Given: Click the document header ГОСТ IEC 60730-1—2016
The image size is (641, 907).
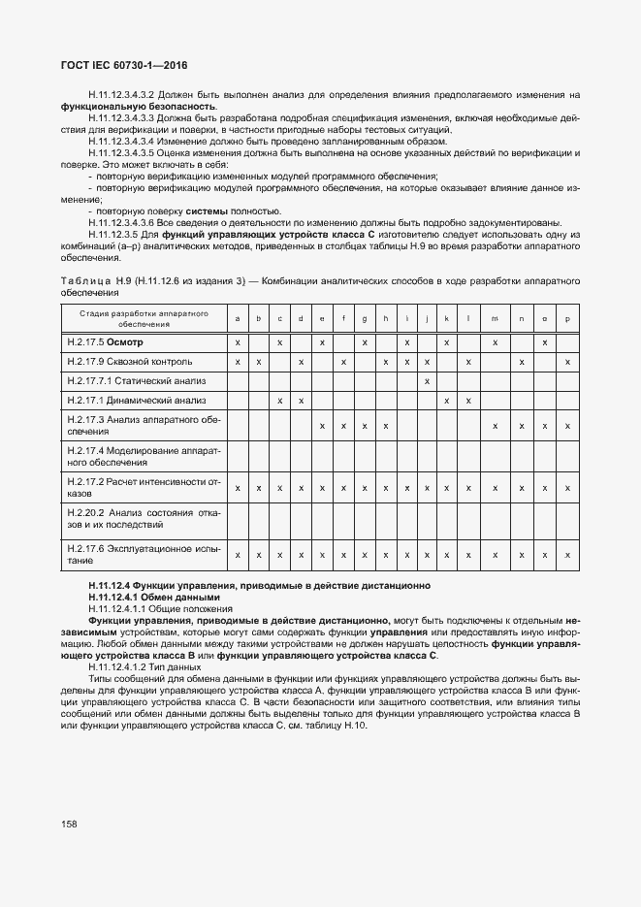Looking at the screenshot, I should click(124, 65).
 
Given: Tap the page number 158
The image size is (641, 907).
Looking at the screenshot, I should click(70, 824).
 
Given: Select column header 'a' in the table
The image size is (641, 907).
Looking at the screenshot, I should click(238, 319).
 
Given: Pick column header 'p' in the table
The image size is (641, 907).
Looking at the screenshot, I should click(567, 319).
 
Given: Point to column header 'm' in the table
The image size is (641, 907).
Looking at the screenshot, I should click(495, 319).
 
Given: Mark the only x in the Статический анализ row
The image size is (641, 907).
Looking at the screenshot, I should click(427, 380).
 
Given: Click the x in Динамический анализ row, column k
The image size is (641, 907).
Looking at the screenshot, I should click(446, 400).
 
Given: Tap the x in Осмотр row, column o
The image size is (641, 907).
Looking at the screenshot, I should click(545, 342).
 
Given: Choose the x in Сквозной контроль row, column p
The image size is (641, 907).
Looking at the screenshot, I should click(567, 362).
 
